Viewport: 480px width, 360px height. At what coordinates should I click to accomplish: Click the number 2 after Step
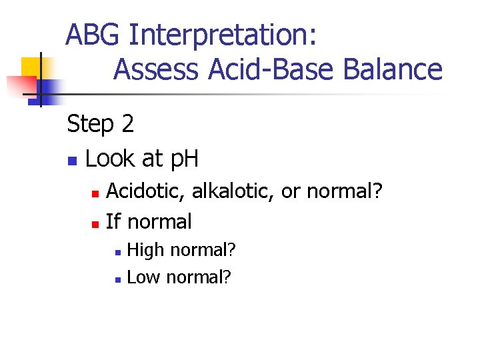[127, 124]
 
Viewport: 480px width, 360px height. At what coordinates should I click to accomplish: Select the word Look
[110, 159]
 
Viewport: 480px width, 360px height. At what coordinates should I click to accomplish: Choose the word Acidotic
[147, 191]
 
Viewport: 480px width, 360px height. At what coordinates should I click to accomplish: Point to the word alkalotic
[233, 191]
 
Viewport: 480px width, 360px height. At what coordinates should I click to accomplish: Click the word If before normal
[113, 221]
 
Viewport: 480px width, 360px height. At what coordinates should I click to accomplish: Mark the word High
[145, 251]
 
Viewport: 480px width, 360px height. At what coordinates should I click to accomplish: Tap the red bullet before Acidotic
[95, 193]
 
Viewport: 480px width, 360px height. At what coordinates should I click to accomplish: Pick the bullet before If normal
[95, 223]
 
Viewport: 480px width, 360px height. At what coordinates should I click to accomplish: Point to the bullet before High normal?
[117, 253]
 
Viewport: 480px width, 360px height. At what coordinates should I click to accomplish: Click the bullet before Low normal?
[117, 279]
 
